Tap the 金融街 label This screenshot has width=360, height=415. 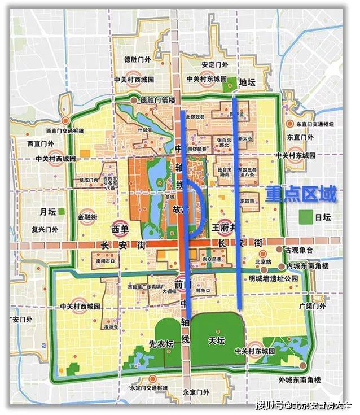88,216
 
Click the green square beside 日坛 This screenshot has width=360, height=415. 306,216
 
